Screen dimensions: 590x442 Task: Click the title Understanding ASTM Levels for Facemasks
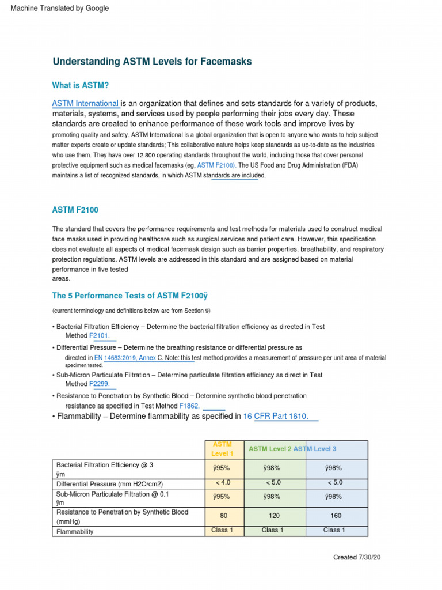coord(152,62)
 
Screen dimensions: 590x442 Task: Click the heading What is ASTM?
coord(81,85)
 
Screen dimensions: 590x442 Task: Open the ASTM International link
coord(85,103)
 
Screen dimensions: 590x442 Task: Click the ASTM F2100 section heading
coord(79,210)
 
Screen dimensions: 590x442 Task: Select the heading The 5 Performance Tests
coord(129,296)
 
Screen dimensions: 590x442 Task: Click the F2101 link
coord(99,335)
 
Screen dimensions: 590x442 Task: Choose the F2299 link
coord(99,384)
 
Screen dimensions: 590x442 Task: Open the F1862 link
coord(190,406)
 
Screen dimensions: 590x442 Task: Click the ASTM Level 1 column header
coord(223,449)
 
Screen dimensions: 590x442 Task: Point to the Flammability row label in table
coord(75,532)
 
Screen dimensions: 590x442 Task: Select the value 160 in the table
coord(336,516)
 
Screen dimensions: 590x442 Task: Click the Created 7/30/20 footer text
coord(356,558)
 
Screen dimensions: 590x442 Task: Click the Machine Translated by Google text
coord(60,8)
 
